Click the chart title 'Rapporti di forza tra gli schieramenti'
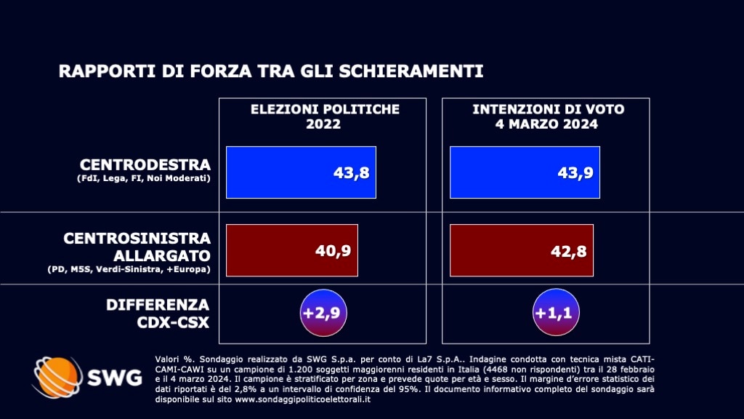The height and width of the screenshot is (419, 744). [x=270, y=71]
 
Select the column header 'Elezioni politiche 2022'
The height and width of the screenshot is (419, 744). [x=325, y=116]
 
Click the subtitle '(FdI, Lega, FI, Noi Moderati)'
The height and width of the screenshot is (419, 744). [x=143, y=180]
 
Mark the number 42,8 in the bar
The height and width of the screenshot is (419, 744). [x=568, y=251]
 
